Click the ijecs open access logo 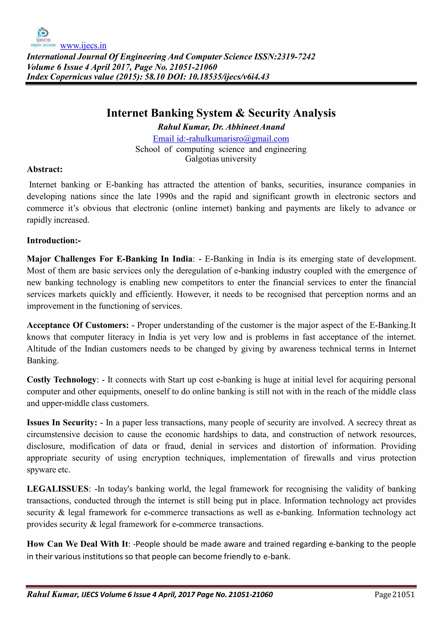pos(43,37)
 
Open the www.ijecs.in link pos(83,46)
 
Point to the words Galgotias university pos(221,159)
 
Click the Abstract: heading pos(45,169)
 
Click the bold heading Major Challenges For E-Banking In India pos(109,259)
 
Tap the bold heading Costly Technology pos(62,380)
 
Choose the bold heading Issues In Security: pos(62,423)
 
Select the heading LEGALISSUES pos(57,489)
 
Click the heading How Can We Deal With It pos(77,544)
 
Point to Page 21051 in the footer pos(394,595)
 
